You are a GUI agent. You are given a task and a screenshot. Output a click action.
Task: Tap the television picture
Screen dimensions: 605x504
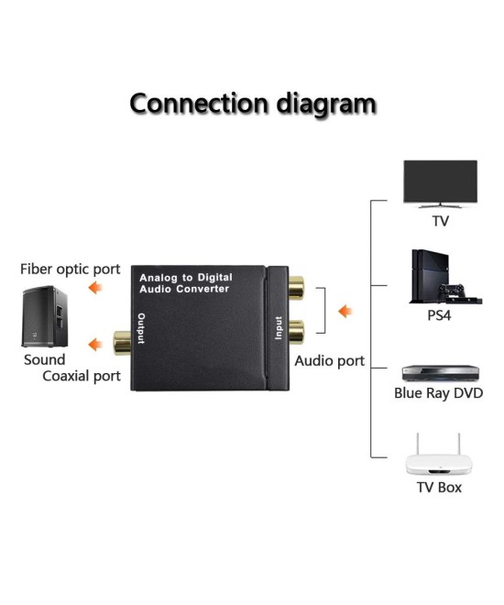point(440,183)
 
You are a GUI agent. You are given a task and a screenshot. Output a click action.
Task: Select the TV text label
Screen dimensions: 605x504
point(441,221)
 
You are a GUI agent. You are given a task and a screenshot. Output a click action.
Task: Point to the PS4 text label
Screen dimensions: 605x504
point(440,314)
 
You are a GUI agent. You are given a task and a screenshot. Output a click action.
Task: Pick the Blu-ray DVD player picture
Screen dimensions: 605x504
point(440,373)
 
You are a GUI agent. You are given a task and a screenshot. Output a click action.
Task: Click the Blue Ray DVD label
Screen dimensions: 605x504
point(438,393)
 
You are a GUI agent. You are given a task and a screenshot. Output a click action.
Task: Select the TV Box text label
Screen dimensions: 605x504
point(439,487)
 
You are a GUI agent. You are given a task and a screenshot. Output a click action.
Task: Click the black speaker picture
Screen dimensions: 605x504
point(45,316)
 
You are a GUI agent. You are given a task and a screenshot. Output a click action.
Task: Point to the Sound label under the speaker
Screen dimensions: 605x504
point(44,359)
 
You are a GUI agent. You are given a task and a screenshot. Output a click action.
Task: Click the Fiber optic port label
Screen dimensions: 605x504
point(71,269)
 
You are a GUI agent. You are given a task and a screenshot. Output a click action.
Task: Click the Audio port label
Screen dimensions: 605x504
point(329,361)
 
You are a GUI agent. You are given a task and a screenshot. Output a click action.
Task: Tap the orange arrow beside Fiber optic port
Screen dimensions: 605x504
point(94,290)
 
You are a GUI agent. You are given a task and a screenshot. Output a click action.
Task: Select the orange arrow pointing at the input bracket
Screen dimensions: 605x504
point(345,312)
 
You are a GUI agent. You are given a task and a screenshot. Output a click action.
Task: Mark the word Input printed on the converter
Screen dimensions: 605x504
point(278,328)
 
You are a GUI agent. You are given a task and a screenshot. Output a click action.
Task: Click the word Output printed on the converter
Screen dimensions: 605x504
point(141,328)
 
